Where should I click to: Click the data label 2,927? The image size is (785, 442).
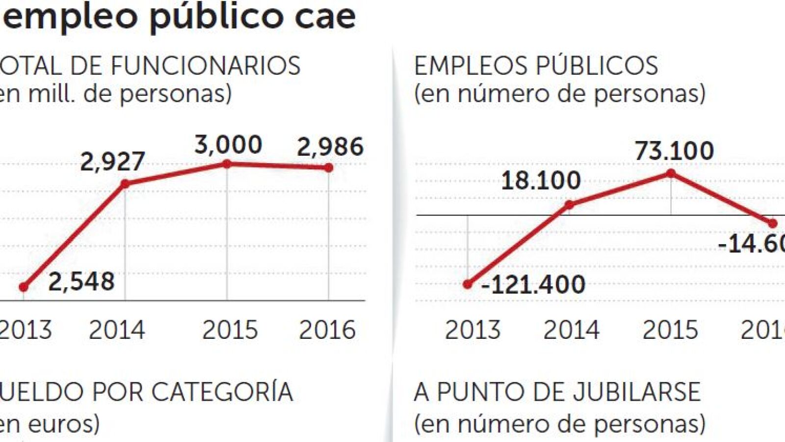[x=112, y=161]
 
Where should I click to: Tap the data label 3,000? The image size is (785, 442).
[x=228, y=144]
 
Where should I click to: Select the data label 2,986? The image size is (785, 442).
[x=330, y=146]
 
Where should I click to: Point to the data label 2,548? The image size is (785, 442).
[x=81, y=281]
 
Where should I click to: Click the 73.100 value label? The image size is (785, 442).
[x=674, y=151]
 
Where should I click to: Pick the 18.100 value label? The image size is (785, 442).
[x=541, y=181]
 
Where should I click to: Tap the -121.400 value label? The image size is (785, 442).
[x=534, y=284]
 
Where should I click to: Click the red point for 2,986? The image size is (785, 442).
[x=329, y=168]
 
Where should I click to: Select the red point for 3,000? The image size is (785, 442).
[x=227, y=164]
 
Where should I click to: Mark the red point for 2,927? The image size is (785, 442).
[x=125, y=184]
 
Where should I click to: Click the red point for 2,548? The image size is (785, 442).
[x=24, y=287]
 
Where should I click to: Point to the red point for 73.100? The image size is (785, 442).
[x=671, y=173]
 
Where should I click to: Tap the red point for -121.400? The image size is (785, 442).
[x=468, y=284]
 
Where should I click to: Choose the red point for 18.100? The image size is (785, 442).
[x=569, y=205]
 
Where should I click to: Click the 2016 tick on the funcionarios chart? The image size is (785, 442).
[x=327, y=330]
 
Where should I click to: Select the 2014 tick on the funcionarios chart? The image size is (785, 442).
[x=117, y=330]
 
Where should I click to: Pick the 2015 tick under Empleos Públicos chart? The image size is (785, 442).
[x=670, y=330]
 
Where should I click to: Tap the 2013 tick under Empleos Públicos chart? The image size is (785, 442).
[x=472, y=330]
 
